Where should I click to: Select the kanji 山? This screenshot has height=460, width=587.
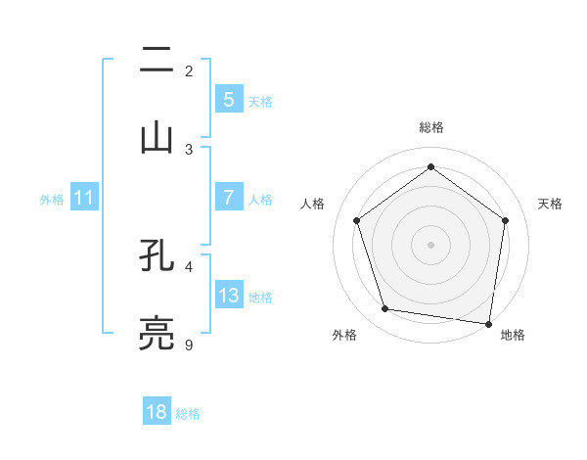157,137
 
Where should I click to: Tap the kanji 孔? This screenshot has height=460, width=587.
157,254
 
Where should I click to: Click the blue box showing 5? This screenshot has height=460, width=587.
228,99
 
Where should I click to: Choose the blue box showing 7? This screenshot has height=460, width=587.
228,197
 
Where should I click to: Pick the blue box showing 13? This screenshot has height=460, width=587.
228,295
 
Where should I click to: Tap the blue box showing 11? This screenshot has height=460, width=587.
84,198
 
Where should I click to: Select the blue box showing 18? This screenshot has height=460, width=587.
157,412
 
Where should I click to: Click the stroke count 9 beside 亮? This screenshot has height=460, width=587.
189,345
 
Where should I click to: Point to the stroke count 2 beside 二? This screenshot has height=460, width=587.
189,70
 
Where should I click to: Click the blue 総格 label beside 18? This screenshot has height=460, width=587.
188,414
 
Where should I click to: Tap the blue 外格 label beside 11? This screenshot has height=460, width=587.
52,200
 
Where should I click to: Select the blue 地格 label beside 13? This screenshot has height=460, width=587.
260,298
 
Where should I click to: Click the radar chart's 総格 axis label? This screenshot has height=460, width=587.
430,127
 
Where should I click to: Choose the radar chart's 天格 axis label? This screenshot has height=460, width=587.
551,204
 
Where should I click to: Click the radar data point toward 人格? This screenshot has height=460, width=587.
357,220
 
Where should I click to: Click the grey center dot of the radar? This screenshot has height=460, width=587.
430,244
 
